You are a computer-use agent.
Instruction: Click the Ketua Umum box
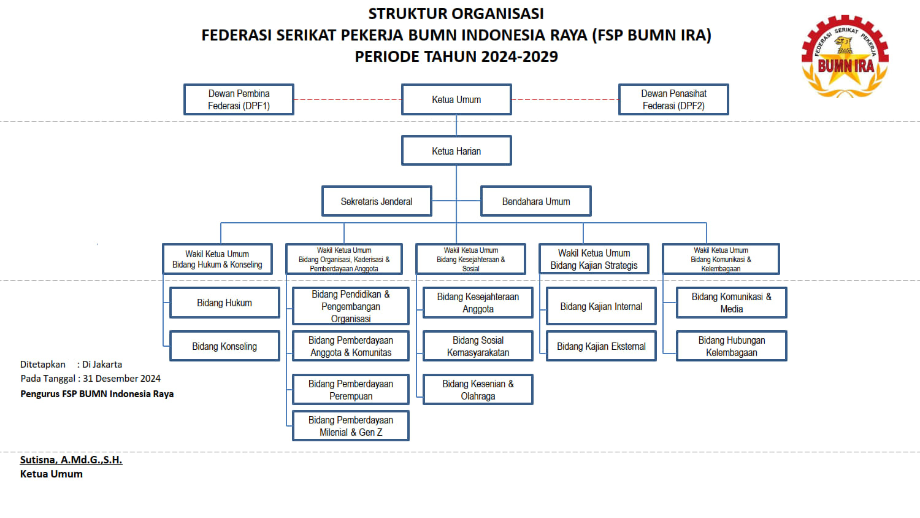456,99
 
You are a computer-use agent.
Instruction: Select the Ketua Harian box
456,151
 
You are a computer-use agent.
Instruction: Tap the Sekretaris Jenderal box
377,201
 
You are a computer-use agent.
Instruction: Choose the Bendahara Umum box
536,201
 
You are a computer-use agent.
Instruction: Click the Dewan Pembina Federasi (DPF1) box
239,99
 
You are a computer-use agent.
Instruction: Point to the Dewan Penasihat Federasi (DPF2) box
673,99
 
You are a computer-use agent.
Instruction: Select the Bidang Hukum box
224,303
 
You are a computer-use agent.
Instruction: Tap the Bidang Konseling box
224,346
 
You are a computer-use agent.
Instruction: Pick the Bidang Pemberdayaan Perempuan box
351,390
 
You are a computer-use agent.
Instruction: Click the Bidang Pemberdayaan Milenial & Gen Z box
351,426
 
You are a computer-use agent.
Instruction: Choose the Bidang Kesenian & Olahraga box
478,390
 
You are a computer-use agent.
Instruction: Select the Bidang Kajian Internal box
601,306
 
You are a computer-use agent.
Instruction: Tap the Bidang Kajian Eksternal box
601,346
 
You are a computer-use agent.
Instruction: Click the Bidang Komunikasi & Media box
731,303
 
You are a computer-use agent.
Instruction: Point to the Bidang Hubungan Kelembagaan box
731,346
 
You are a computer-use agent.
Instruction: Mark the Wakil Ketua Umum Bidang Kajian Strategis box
594,259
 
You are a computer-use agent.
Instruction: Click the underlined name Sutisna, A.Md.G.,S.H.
71,460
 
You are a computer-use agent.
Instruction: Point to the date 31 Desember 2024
121,379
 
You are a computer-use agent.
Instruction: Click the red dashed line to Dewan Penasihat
565,99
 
